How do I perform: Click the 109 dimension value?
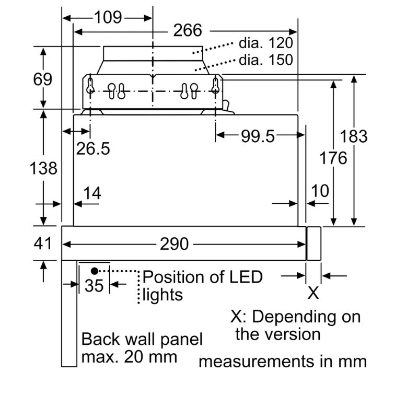point(108,17)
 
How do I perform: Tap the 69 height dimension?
point(42,79)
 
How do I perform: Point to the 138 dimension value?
point(43,168)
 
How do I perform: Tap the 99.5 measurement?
point(258,136)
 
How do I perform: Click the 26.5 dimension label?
point(93,149)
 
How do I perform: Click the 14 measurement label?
point(92,193)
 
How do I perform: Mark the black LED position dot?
point(95,271)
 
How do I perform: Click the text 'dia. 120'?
point(265,42)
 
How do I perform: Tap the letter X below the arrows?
point(313,293)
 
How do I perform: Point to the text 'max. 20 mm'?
point(129,357)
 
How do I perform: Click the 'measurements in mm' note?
point(282,361)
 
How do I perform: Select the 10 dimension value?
point(320,191)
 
